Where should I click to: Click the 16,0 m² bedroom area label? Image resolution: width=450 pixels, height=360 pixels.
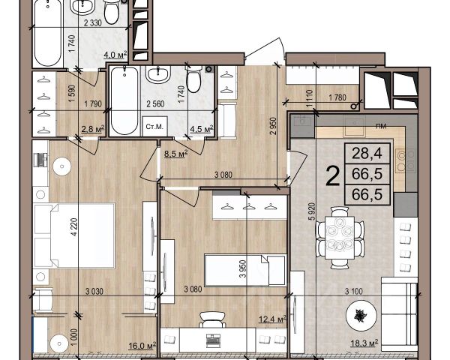click(x=142, y=345)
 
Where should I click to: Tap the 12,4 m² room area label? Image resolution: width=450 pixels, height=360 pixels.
click(x=273, y=319)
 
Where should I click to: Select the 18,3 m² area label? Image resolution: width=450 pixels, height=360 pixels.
click(x=364, y=343)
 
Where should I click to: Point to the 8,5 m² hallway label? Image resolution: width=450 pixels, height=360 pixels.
click(x=176, y=154)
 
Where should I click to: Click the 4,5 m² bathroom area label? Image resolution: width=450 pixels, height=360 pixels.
click(x=202, y=129)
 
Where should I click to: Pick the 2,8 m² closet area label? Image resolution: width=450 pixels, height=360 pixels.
click(x=93, y=129)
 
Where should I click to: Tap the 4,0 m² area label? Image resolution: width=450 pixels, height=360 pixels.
click(x=115, y=54)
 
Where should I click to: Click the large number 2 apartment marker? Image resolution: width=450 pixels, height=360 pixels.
click(x=333, y=176)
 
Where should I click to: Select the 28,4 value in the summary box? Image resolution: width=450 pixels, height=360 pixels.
click(x=367, y=153)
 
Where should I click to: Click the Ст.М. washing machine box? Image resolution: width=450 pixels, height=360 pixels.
click(x=155, y=126)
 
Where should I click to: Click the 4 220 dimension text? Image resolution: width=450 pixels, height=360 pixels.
click(x=74, y=226)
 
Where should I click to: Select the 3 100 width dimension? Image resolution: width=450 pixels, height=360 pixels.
click(x=353, y=292)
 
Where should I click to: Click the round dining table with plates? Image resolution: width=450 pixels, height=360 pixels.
click(x=340, y=238)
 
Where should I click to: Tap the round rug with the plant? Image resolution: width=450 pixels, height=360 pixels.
click(x=361, y=315)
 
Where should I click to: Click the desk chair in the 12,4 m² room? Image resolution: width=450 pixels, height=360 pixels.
click(x=212, y=319)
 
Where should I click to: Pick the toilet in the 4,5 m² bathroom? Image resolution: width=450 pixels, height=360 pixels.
click(x=193, y=79)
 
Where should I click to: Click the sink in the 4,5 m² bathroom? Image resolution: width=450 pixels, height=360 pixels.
click(x=158, y=74)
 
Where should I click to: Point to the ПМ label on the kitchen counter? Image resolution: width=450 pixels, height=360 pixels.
click(x=382, y=126)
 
